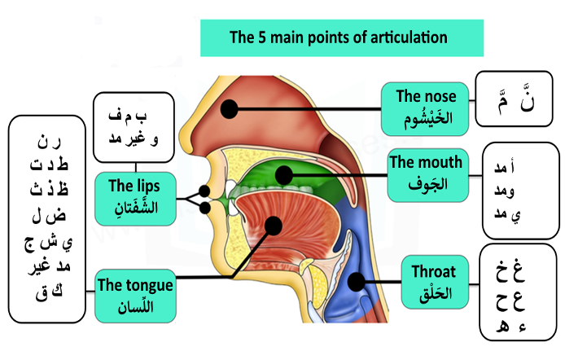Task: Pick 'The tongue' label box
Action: coord(134,294)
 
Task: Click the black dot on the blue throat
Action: coord(355,281)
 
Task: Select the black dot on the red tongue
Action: coord(272,225)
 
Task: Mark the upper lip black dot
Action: coord(205,191)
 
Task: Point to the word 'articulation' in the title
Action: coord(406,37)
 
